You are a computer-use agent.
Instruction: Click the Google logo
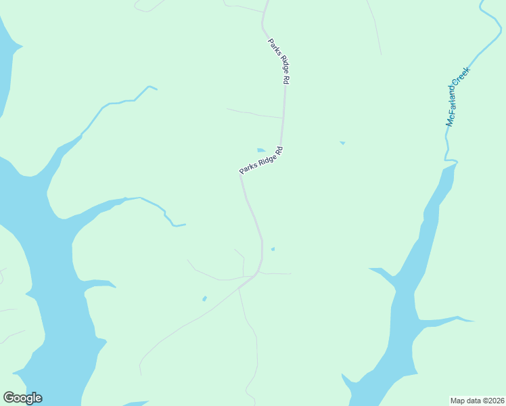coord(22,398)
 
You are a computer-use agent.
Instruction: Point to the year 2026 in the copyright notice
coord(494,400)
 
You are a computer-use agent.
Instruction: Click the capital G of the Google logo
coord(9,398)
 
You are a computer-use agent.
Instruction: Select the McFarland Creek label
coord(457,97)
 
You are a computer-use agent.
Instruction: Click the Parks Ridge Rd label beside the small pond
coord(260,160)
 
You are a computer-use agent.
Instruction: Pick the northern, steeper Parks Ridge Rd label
coord(278,61)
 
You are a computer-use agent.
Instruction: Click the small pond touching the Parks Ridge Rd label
coord(261,150)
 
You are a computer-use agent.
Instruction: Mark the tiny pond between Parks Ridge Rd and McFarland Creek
coord(342,143)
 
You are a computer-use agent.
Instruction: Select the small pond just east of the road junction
coord(273,249)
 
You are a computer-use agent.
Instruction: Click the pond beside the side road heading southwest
coord(204,298)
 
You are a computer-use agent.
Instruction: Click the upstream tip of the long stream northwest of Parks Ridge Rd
coord(155,88)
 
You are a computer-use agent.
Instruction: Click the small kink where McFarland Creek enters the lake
coord(451,161)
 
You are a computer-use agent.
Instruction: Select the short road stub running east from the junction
coord(277,273)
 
